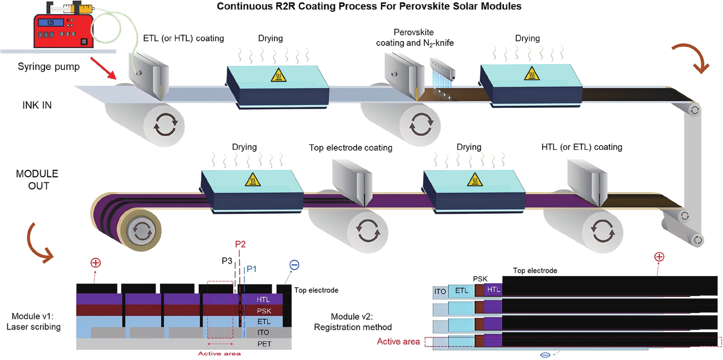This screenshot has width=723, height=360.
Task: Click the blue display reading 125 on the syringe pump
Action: [x=51, y=23]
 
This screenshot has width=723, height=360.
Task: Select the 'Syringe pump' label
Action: [x=49, y=67]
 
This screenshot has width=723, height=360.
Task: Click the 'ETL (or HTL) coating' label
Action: [x=183, y=39]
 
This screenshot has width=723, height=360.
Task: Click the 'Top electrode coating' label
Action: [x=350, y=148]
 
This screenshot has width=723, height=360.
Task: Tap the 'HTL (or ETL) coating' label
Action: [x=582, y=147]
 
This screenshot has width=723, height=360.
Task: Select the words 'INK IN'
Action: [x=37, y=105]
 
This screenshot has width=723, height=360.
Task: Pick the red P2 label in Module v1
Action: [x=240, y=244]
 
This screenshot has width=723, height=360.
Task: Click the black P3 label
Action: [x=227, y=261]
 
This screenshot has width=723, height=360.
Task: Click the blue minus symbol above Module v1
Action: [x=294, y=265]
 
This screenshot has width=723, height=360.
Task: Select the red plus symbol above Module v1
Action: [x=95, y=263]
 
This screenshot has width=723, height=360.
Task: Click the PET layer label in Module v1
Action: [x=264, y=344]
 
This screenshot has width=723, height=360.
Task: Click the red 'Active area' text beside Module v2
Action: [x=398, y=341]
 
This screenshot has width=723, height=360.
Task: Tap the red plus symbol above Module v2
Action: [x=659, y=257]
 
